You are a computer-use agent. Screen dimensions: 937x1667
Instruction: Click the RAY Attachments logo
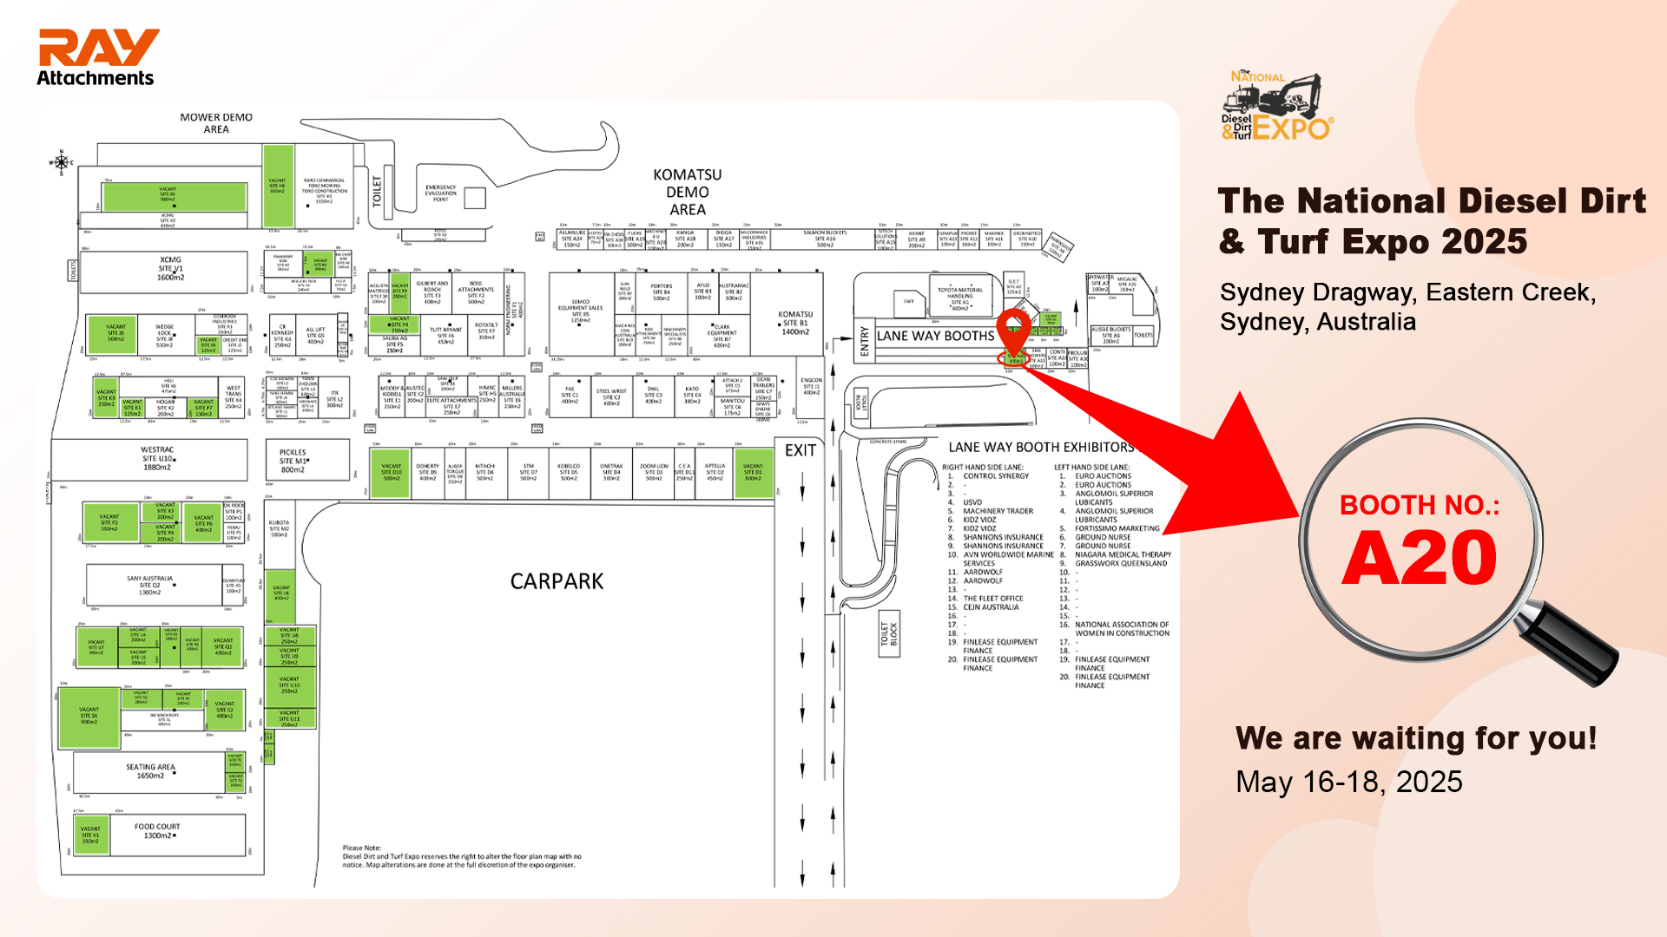97,57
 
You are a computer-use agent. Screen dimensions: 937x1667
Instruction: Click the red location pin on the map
1013,331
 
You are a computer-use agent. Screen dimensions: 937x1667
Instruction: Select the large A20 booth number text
1420,558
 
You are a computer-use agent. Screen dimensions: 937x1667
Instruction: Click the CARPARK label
557,581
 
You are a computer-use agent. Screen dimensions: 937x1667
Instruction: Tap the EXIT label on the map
800,450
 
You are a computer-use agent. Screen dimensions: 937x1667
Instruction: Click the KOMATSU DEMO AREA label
687,192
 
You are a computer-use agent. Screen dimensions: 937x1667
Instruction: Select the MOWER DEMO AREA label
216,123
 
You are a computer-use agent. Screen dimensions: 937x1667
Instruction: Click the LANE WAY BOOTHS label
935,336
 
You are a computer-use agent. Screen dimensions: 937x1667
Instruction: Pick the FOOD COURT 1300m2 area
158,831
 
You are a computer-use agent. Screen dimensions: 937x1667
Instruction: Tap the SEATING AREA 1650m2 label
150,771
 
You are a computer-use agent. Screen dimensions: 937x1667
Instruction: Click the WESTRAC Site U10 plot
157,459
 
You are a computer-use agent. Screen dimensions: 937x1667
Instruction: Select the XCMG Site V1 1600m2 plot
170,269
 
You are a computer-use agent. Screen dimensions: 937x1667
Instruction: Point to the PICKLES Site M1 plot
293,461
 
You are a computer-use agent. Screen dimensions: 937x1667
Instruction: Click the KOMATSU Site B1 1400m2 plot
794,323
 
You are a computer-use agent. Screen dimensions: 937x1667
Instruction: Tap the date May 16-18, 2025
1348,782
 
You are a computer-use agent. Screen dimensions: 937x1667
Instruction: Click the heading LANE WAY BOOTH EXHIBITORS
1040,448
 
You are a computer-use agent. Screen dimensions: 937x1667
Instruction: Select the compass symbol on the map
61,162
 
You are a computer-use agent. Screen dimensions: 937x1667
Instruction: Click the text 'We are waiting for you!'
1415,738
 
